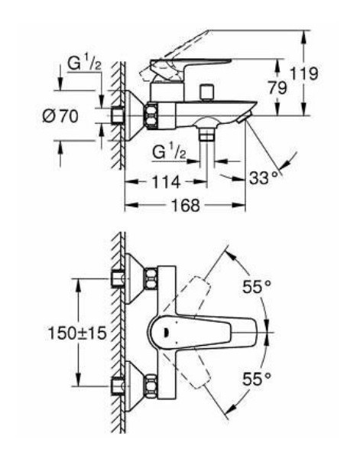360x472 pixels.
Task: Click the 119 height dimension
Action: pyautogui.click(x=303, y=73)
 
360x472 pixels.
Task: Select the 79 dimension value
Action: pyautogui.click(x=277, y=88)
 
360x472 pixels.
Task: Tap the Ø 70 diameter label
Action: pyautogui.click(x=60, y=116)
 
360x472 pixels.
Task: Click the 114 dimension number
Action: pyautogui.click(x=166, y=182)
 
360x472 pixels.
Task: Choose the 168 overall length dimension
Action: pyautogui.click(x=185, y=205)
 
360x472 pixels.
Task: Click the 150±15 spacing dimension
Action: pyautogui.click(x=78, y=334)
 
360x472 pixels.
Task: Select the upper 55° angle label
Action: pyautogui.click(x=257, y=287)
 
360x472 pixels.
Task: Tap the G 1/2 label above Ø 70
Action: pyautogui.click(x=84, y=63)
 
